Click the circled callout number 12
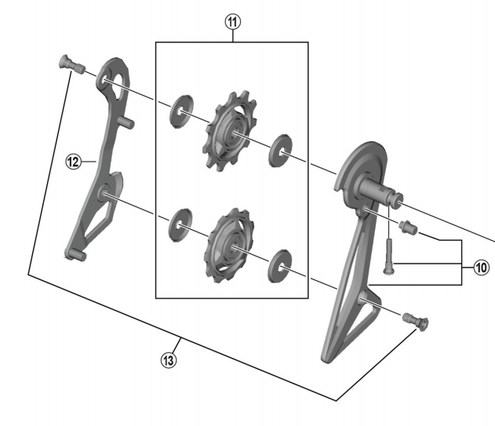pos(73,161)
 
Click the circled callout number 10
pos(479,268)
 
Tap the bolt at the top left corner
pos(70,64)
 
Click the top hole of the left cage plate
pos(109,78)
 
